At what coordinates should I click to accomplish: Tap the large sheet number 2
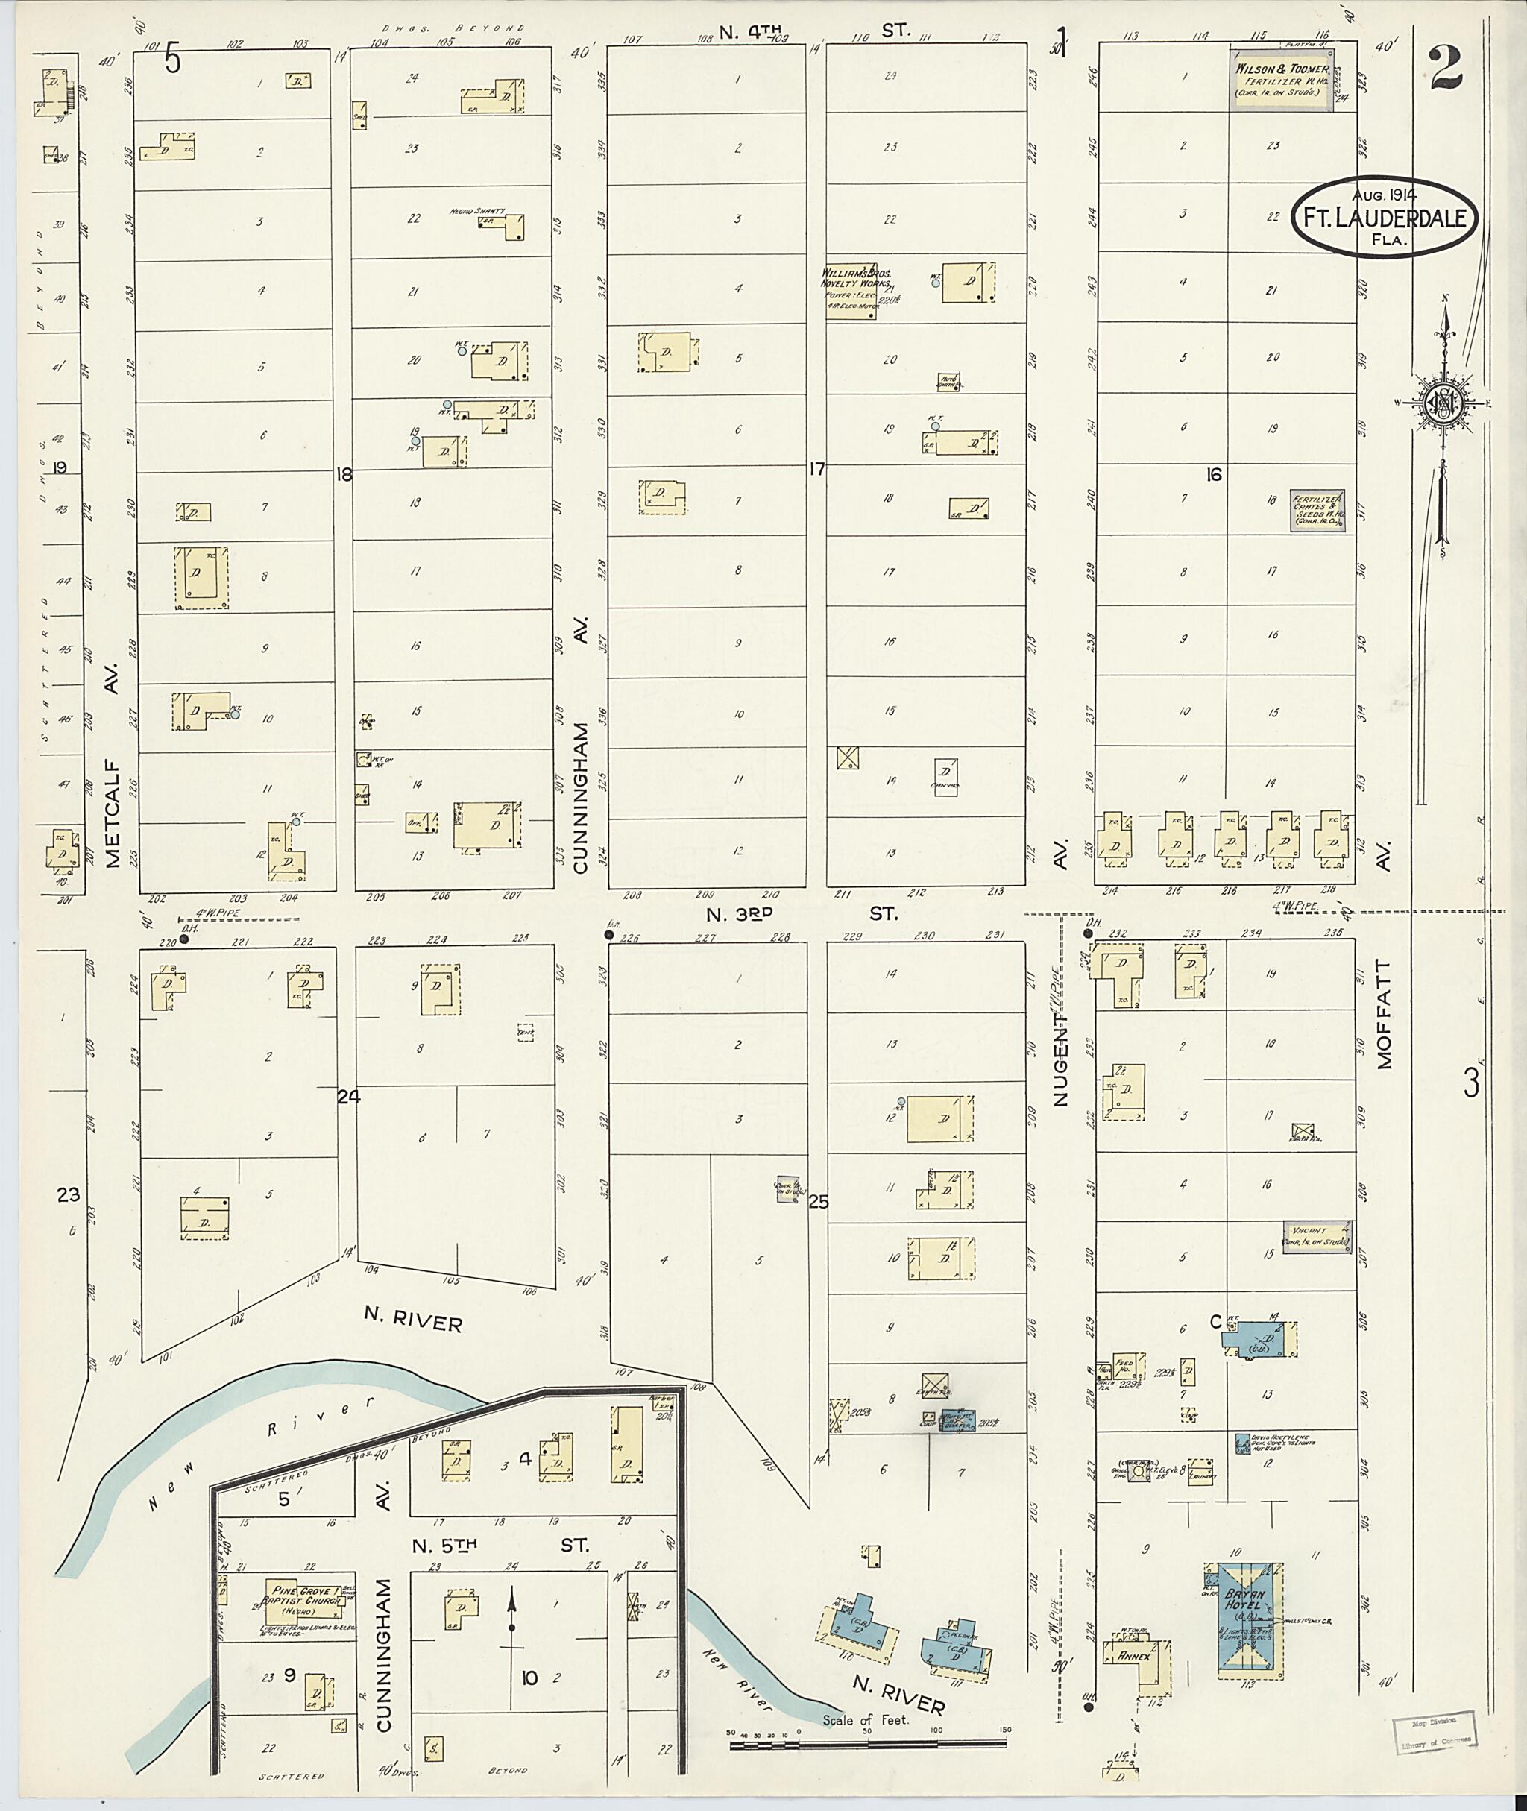[x=1446, y=70]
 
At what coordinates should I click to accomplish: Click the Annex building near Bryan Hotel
[x=1136, y=1657]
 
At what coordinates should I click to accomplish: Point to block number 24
[x=348, y=1097]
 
